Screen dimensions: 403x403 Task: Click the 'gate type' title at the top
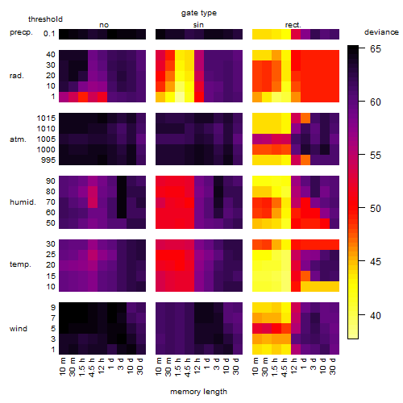coord(199,13)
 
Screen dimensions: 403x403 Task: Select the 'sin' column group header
coord(198,25)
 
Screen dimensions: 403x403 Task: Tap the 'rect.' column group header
coord(293,25)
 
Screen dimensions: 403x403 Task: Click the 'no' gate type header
coord(104,25)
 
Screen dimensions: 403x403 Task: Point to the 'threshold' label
coord(45,19)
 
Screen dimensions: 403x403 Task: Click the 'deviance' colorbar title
coord(381,32)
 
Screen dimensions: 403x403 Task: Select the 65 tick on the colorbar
coord(376,49)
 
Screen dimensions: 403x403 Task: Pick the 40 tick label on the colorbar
coord(376,315)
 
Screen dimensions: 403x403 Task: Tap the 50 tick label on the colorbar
coord(376,209)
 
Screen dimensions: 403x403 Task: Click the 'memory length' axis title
coord(199,392)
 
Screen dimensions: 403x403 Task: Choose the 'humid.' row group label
coord(23,202)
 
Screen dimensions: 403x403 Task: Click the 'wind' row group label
coord(19,329)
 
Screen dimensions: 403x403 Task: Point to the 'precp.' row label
coord(21,32)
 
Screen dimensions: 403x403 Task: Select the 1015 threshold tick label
coord(46,118)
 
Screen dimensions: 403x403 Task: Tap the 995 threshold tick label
coord(48,160)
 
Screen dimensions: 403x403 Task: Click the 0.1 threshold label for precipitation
coord(49,34)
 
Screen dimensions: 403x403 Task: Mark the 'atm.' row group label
coord(18,139)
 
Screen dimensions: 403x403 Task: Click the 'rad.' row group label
coord(17,76)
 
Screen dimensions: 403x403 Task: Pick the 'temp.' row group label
coord(20,264)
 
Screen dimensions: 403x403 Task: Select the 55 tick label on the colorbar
coord(376,156)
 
